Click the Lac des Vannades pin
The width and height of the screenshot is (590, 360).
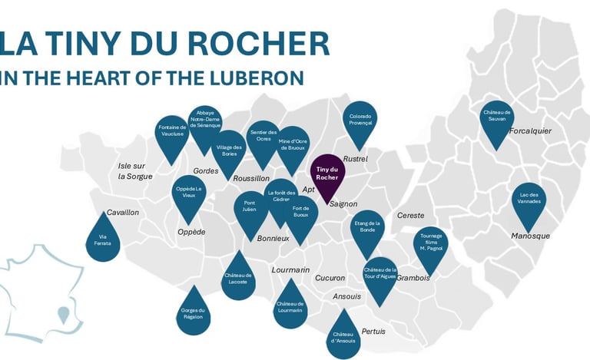coord(529,200)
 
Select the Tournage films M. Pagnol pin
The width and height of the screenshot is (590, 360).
coord(430,246)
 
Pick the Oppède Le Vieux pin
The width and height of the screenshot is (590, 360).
coord(189,193)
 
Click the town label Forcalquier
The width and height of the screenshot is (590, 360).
coord(530,130)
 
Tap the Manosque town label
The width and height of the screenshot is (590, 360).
coord(530,236)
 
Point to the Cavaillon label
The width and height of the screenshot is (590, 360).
coord(123,212)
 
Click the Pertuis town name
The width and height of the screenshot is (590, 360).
coord(373,331)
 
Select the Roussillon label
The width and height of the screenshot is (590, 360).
coord(251,178)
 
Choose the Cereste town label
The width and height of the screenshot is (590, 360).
coord(410,216)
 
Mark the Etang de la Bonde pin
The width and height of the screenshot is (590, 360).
coord(367,229)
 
